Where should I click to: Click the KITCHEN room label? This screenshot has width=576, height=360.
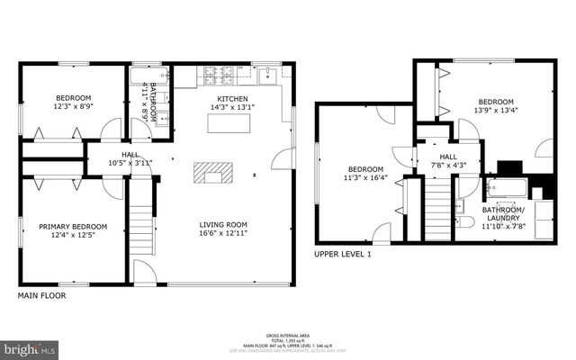(227, 99)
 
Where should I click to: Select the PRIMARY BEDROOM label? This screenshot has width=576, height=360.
(73, 227)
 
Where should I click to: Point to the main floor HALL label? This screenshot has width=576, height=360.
(118, 154)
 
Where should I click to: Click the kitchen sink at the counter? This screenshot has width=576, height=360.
(270, 74)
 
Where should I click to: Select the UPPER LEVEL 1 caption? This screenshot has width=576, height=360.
(343, 254)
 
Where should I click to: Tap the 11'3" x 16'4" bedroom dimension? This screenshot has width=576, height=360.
(366, 178)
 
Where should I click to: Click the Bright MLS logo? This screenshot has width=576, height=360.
(30, 346)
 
